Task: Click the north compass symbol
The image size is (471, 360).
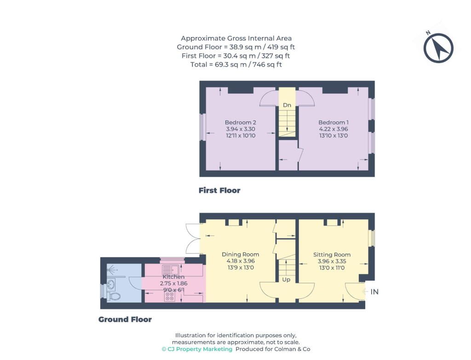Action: (x=438, y=48)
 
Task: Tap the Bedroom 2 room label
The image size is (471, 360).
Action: (x=240, y=122)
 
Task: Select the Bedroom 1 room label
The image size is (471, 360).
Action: (x=333, y=122)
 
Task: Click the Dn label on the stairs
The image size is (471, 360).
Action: (x=287, y=105)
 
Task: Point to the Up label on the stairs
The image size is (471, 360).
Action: (x=286, y=280)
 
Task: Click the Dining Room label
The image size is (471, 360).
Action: (x=240, y=254)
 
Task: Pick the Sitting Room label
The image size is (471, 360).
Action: (x=332, y=255)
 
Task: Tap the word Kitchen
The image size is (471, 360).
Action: (x=173, y=277)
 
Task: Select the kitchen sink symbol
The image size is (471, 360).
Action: (x=170, y=269)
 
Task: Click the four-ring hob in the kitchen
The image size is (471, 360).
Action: (x=170, y=297)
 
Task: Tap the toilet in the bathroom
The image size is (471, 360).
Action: (x=114, y=297)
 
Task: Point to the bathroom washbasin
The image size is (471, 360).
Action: (x=111, y=284)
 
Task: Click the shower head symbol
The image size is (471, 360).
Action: (x=112, y=269)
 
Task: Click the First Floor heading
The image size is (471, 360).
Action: (x=219, y=190)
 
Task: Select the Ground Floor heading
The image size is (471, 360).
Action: (x=125, y=320)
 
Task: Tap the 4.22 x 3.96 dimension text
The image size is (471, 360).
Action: (x=333, y=129)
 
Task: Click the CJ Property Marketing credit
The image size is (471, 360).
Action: (x=197, y=349)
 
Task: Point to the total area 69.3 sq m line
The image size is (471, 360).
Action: (x=236, y=64)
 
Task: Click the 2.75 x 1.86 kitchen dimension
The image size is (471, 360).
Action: (x=173, y=283)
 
